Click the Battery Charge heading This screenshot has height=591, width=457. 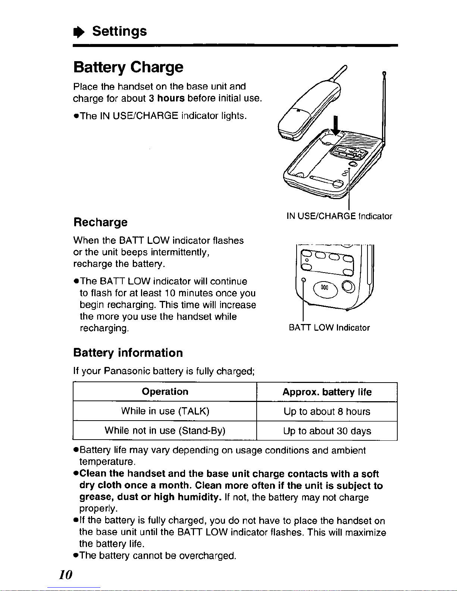click(x=128, y=67)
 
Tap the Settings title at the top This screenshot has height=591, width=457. click(x=119, y=31)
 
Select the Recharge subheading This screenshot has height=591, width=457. click(x=100, y=222)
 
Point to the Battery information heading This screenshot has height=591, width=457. click(x=128, y=353)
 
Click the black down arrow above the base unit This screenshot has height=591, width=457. click(x=336, y=126)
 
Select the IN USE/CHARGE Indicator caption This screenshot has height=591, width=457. click(x=339, y=216)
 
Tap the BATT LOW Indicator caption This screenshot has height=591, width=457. click(x=329, y=328)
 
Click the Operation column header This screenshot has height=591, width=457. click(x=165, y=392)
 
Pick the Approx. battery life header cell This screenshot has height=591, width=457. click(x=327, y=392)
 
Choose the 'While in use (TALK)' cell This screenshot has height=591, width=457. click(x=165, y=411)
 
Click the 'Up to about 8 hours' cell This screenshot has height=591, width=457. click(x=327, y=412)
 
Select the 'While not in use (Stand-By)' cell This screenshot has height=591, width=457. click(x=165, y=431)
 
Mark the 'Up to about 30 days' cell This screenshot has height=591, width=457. click(x=327, y=431)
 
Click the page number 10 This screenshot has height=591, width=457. click(x=66, y=575)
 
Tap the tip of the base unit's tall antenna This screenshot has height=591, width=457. click(x=384, y=73)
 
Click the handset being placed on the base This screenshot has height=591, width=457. click(x=306, y=110)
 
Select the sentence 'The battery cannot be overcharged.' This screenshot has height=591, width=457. click(x=158, y=556)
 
